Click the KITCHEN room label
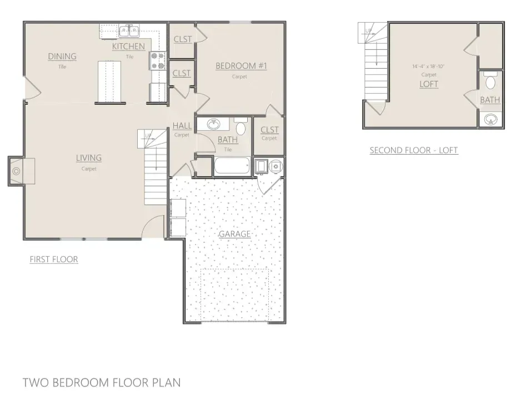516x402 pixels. click(128, 47)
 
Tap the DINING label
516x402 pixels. click(62, 57)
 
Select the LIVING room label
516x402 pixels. click(89, 158)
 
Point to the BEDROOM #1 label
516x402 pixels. click(241, 66)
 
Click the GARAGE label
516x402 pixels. click(234, 234)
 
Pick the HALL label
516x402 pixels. click(182, 126)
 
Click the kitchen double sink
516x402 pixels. click(129, 31)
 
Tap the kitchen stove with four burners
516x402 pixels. click(157, 61)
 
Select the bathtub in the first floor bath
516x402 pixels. click(232, 166)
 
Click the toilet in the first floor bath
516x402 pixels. click(241, 126)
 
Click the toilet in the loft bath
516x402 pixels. click(490, 80)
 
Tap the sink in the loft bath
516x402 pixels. click(490, 119)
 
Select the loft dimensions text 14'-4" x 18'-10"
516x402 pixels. click(428, 67)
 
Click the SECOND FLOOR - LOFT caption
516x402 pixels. click(414, 150)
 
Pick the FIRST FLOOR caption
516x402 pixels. click(54, 259)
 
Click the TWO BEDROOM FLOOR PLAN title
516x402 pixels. click(102, 383)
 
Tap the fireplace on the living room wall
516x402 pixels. click(21, 171)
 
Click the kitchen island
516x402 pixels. click(109, 82)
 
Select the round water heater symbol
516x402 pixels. click(275, 166)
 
